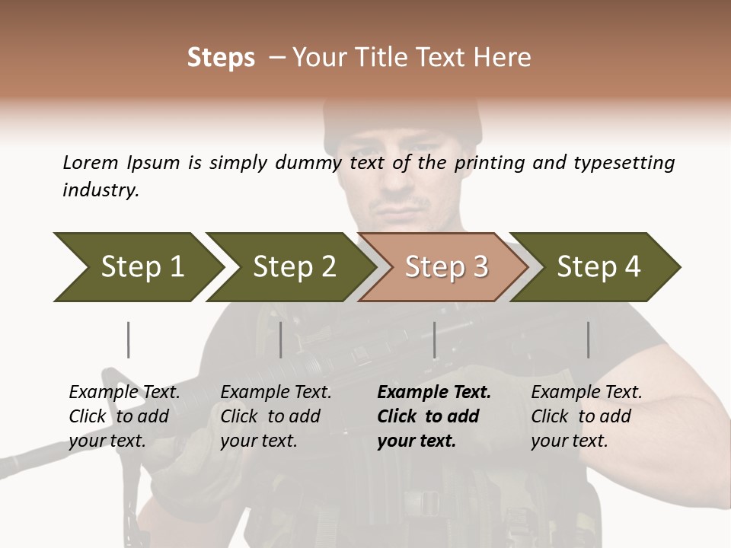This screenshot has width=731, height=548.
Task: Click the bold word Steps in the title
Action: pyautogui.click(x=221, y=58)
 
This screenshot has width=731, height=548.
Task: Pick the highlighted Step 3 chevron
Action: pyautogui.click(x=446, y=266)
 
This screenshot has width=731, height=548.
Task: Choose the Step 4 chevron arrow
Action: pyautogui.click(x=599, y=266)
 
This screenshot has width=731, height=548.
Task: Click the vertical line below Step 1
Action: pyautogui.click(x=128, y=339)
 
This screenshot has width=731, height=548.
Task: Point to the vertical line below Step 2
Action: pyautogui.click(x=281, y=339)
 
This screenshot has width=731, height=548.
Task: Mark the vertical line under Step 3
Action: pyautogui.click(x=434, y=339)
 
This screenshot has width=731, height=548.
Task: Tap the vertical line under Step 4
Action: pyautogui.click(x=588, y=339)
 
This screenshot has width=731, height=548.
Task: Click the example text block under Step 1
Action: pyautogui.click(x=124, y=416)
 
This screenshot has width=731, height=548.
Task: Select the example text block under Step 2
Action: pyautogui.click(x=276, y=416)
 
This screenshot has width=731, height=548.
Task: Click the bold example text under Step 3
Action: pyautogui.click(x=434, y=416)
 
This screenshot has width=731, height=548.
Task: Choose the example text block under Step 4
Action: pyautogui.click(x=586, y=416)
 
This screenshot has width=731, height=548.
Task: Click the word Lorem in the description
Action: pyautogui.click(x=91, y=163)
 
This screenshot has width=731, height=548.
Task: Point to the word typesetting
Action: pyautogui.click(x=624, y=164)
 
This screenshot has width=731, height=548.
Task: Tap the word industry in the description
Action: pyautogui.click(x=101, y=190)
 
